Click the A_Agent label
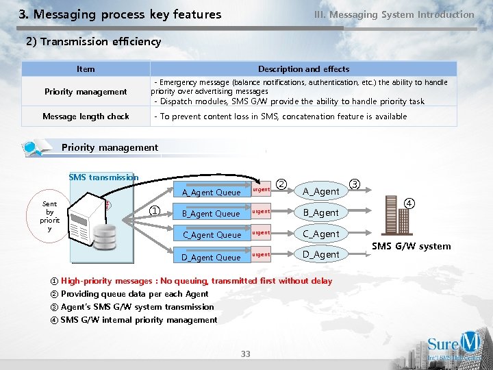tap(321, 192)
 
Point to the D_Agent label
tap(321, 255)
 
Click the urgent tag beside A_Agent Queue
tap(262, 189)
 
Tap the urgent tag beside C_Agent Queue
tap(262, 233)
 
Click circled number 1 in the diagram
tap(155, 211)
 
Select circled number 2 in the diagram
tap(282, 184)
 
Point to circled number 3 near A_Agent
tap(355, 184)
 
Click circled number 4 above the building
tap(409, 203)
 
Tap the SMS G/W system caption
tap(411, 246)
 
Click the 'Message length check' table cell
tap(86, 116)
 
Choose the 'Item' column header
tap(86, 69)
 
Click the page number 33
tap(246, 354)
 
